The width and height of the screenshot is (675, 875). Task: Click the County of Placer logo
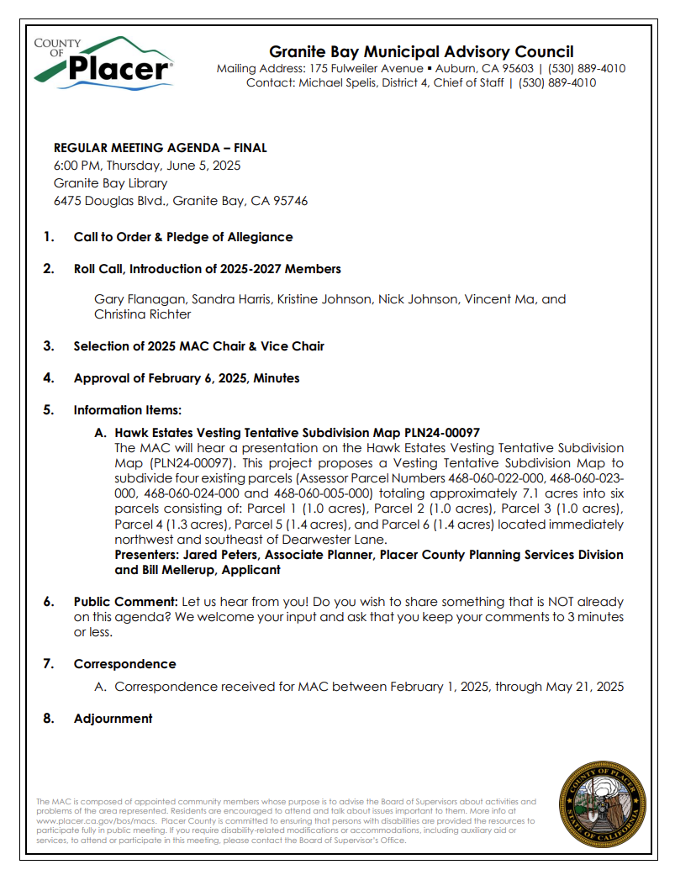click(x=103, y=62)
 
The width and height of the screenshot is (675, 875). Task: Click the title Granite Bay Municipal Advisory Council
click(x=421, y=52)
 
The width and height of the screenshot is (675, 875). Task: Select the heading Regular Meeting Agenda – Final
click(x=161, y=148)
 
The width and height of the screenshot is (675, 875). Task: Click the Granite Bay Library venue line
click(x=110, y=183)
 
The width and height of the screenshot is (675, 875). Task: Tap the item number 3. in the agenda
click(x=49, y=346)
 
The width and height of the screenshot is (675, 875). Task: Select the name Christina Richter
click(x=142, y=314)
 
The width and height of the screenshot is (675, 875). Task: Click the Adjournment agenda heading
click(x=113, y=719)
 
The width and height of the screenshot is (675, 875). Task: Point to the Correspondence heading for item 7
click(x=124, y=664)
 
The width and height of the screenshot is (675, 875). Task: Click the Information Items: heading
click(x=127, y=410)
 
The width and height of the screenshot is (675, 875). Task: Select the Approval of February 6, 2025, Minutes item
click(x=186, y=378)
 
